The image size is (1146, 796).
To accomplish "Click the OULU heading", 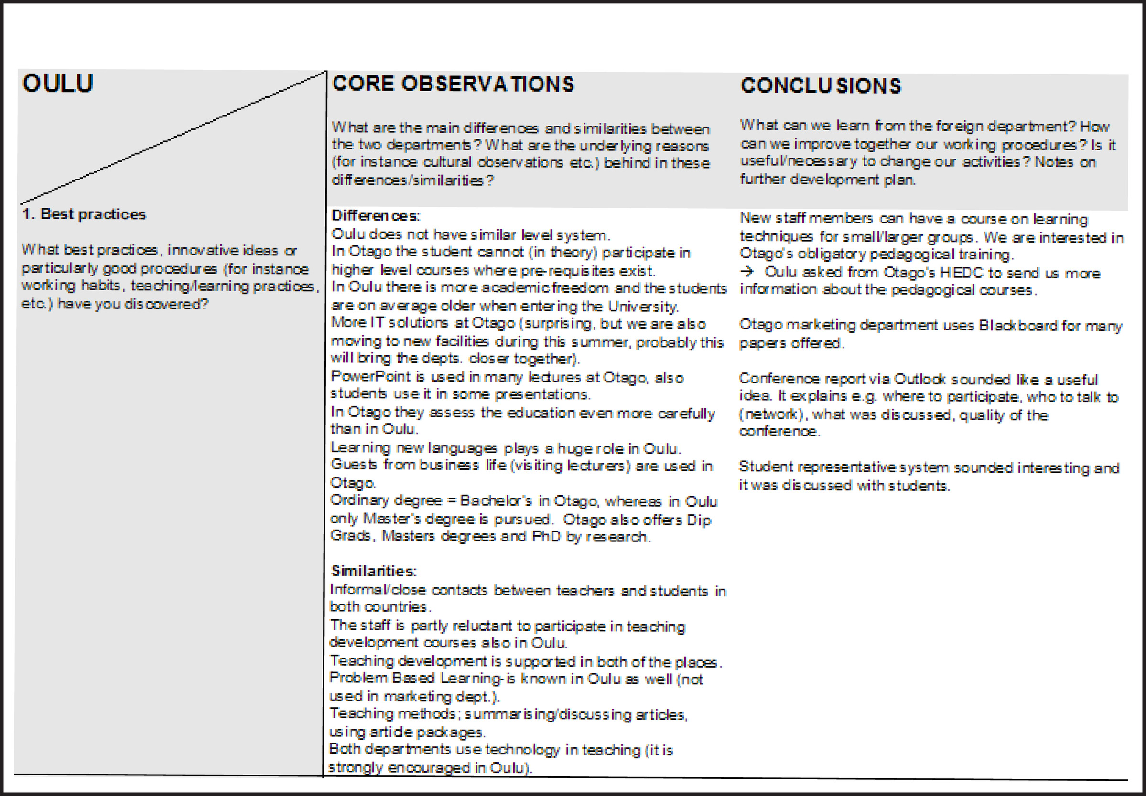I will tap(57, 83).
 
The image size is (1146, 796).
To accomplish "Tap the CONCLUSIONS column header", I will tap(821, 86).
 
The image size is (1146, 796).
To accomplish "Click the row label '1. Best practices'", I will tap(84, 214).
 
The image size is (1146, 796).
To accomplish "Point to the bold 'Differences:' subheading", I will tap(375, 215).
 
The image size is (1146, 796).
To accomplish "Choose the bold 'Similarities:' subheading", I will tap(373, 571).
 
